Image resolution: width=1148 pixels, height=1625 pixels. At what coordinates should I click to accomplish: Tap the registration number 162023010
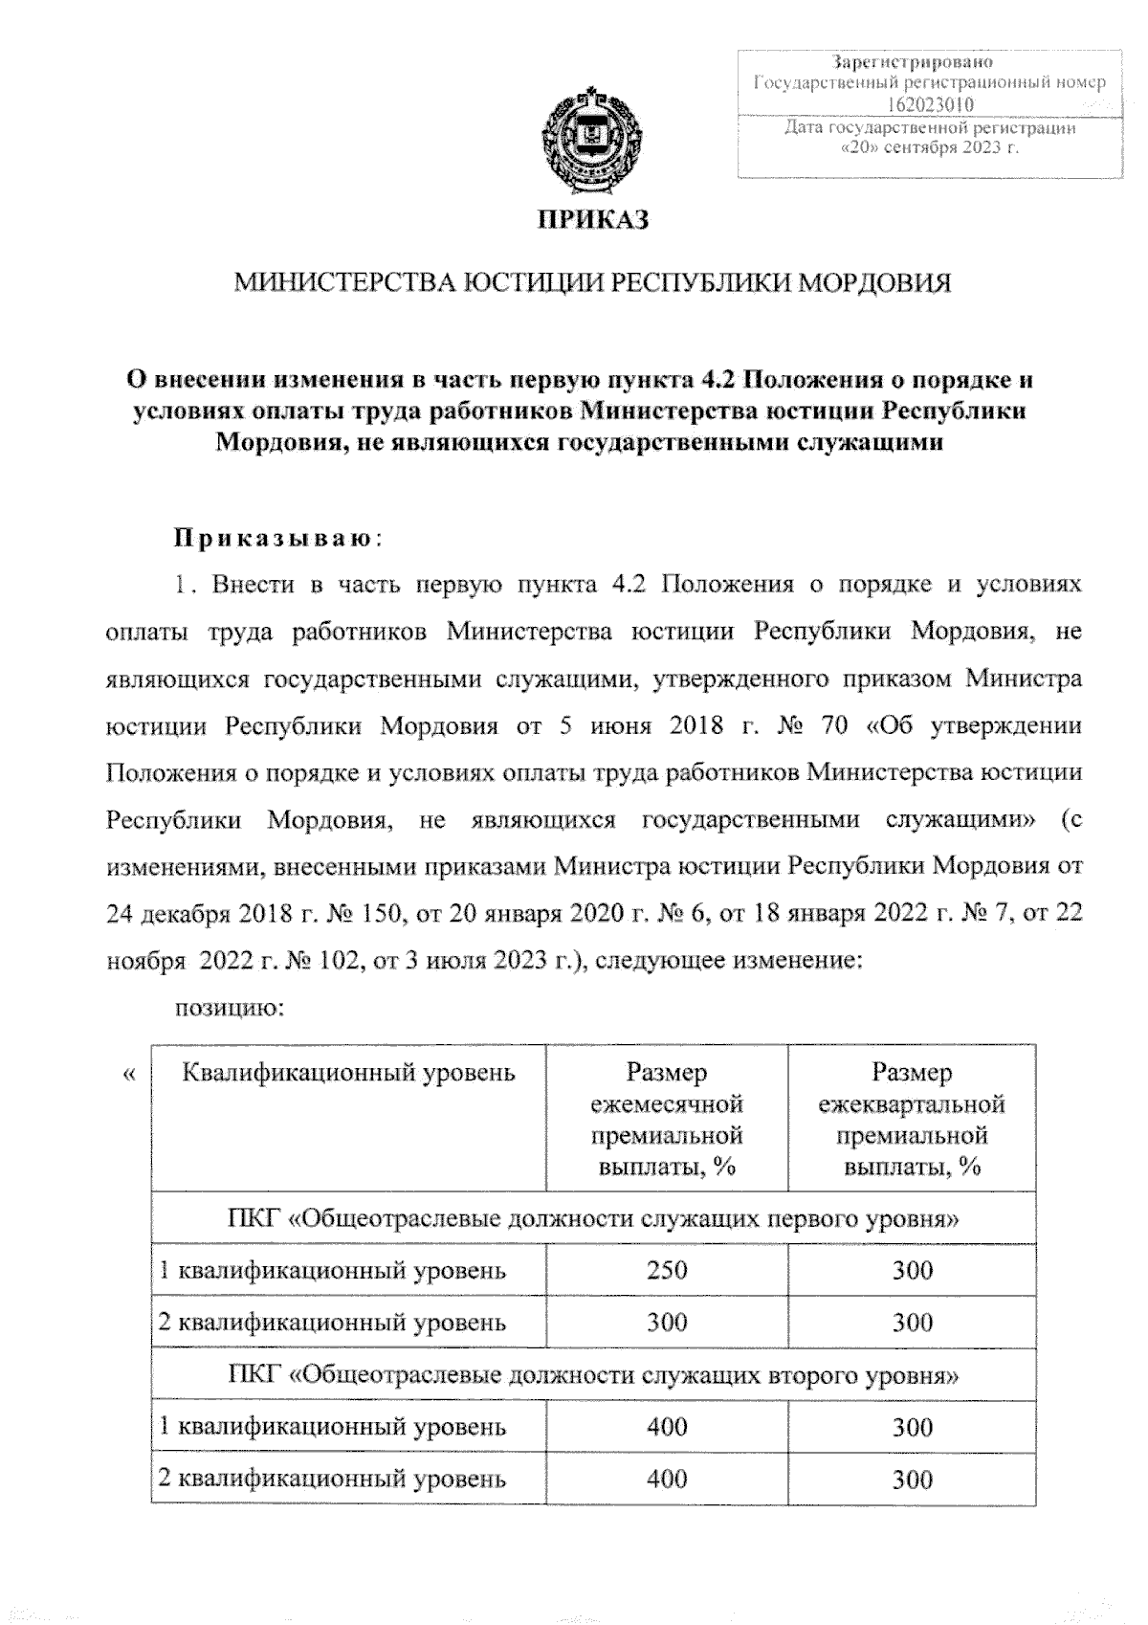[x=928, y=104]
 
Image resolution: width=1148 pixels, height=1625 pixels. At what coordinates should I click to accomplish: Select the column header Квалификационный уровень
[x=348, y=1073]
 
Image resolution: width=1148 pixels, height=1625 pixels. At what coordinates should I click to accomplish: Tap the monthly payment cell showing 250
[x=667, y=1271]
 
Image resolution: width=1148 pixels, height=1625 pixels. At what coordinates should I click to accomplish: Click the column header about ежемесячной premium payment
[x=667, y=1120]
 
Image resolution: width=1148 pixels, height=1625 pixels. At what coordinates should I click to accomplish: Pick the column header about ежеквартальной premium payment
[x=912, y=1120]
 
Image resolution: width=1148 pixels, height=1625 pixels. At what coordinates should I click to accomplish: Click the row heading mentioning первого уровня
[x=593, y=1219]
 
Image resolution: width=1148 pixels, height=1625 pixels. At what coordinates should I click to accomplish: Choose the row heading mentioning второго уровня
[x=593, y=1375]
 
